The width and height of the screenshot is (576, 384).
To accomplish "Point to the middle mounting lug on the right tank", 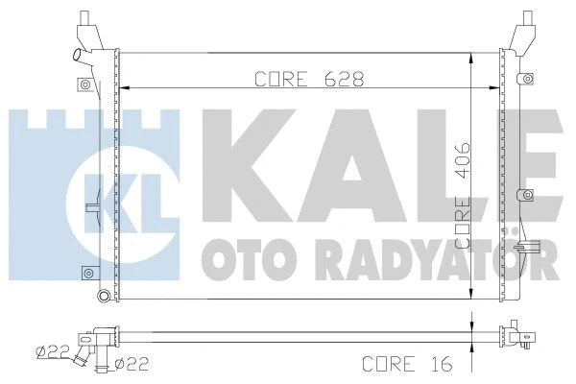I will [523, 196].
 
